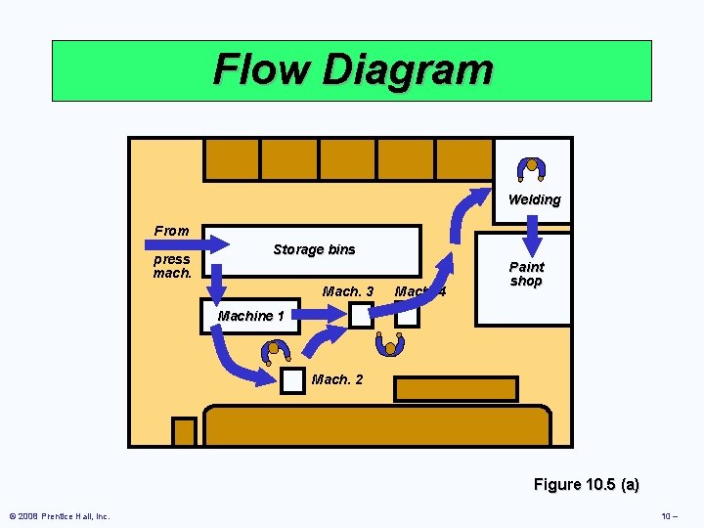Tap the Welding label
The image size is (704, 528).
534,199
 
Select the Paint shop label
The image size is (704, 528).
526,274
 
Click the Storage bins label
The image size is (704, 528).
314,249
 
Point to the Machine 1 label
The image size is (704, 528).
250,316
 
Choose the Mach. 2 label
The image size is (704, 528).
337,379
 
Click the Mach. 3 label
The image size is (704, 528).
347,291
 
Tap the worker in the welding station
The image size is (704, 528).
532,169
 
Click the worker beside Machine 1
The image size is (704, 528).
278,350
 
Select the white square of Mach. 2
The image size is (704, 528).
292,381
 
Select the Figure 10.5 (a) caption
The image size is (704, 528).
586,484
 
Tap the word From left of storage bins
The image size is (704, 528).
171,231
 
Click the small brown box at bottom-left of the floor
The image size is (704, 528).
184,431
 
